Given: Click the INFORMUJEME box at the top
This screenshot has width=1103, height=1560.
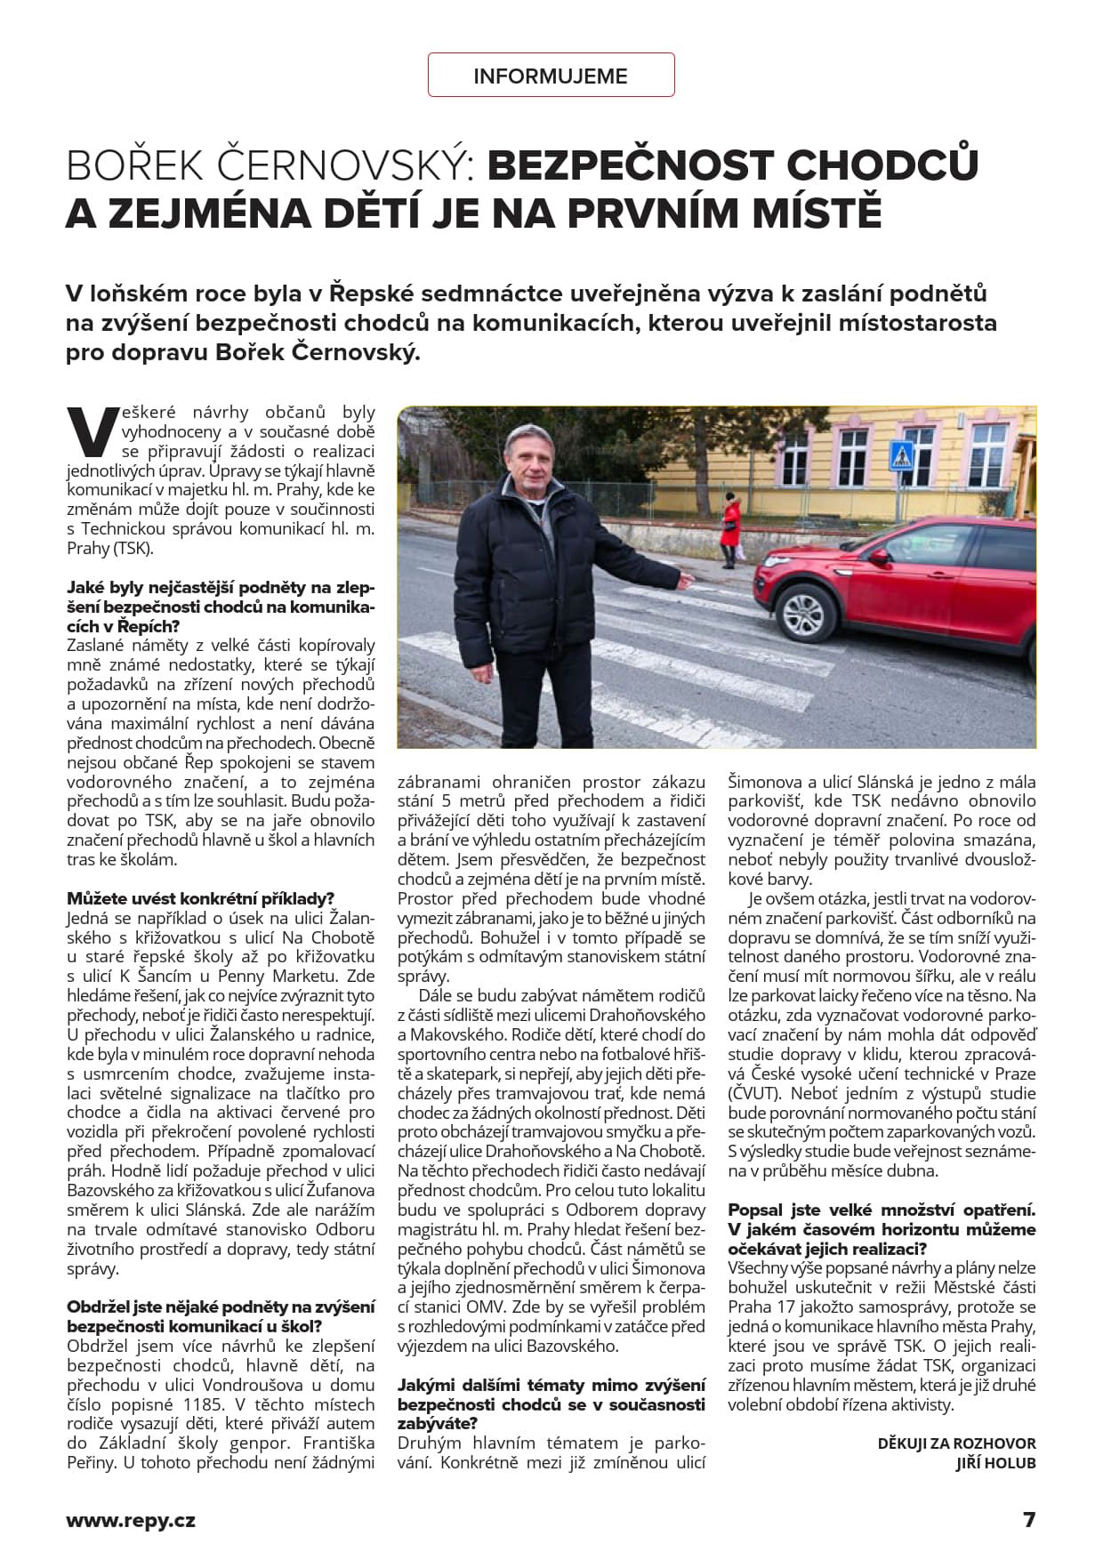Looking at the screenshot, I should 551,76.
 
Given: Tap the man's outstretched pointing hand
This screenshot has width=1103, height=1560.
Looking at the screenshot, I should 686,581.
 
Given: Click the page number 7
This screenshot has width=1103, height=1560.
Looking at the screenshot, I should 1029,1520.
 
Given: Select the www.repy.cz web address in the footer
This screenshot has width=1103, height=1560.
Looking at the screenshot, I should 131,1520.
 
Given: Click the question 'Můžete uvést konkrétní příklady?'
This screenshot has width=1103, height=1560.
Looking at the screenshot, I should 201,898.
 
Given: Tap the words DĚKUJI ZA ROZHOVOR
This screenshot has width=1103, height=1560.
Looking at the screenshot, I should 956,1443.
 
